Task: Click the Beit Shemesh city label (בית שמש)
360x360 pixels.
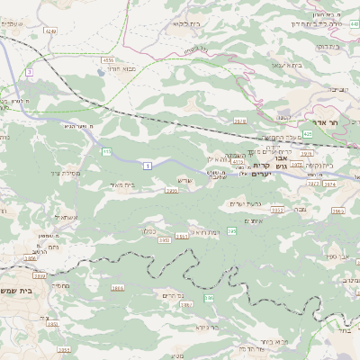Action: (x=20, y=291)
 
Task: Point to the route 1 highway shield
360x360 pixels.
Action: (x=146, y=166)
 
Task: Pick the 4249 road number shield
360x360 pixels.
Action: (x=50, y=31)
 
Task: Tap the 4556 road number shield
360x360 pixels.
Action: (x=107, y=59)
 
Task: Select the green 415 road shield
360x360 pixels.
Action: (x=106, y=151)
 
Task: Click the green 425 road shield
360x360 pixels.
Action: (x=308, y=133)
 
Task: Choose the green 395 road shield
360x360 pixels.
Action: (x=232, y=231)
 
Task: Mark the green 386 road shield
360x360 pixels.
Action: (x=210, y=297)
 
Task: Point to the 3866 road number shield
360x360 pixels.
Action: (x=118, y=287)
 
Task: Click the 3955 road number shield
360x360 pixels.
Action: (x=171, y=191)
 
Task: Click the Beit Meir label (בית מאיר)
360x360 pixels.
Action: (x=127, y=184)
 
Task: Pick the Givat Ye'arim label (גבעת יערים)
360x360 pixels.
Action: (x=244, y=203)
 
